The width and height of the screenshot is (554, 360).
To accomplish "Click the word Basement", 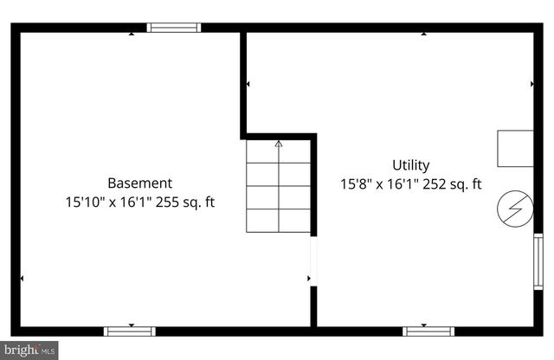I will (139, 183).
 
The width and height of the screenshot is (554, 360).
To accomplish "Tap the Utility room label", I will (410, 165).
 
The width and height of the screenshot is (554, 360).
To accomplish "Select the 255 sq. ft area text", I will (185, 203).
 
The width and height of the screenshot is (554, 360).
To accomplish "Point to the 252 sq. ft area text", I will (452, 184).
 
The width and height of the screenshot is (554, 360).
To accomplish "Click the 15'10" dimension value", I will (83, 203).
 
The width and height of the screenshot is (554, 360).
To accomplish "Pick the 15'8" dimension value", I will (358, 184).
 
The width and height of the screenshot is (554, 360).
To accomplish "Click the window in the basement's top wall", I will (174, 28).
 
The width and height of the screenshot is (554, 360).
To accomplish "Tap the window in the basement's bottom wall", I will (130, 331).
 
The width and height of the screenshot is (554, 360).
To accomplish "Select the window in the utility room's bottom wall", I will (428, 331).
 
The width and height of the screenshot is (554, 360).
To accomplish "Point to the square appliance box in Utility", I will (515, 148).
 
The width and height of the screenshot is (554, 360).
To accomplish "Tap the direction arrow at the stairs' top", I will (278, 145).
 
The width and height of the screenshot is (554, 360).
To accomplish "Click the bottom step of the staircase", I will (278, 221).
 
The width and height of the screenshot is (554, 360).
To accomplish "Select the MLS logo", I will (29, 350).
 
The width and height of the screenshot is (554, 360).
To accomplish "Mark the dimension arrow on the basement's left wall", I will (22, 279).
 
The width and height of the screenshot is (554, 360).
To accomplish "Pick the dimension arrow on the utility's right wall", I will (531, 85).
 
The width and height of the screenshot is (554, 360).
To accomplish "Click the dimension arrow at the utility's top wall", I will (424, 34).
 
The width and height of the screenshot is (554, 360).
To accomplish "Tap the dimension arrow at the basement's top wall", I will (132, 34).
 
